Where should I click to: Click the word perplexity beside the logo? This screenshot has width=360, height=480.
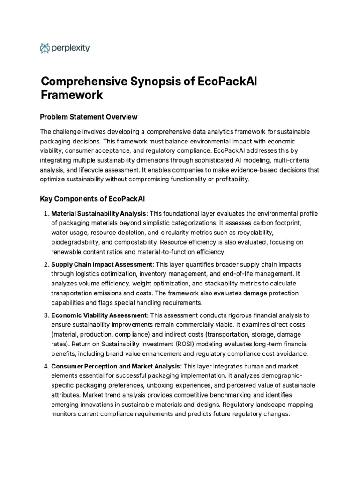point(71,48)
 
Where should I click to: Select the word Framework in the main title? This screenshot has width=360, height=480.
point(72,95)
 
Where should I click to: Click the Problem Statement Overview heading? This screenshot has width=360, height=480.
point(89,116)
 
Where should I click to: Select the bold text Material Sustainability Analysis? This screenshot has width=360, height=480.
point(99,214)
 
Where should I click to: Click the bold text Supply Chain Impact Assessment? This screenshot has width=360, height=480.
point(102,265)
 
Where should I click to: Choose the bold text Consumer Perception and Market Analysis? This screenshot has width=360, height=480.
point(115,366)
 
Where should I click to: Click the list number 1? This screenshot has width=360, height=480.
point(45,214)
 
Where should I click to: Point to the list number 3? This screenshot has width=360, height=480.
point(45,315)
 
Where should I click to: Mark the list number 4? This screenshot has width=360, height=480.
point(45,366)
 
